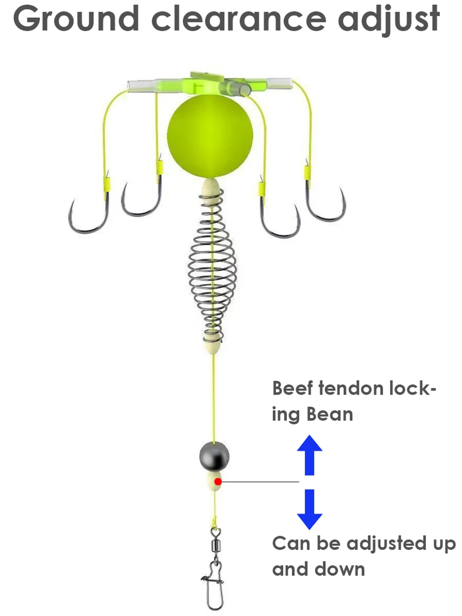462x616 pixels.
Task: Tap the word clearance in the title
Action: click(238, 19)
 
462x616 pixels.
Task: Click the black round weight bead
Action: click(214, 456)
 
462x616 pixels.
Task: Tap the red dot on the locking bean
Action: click(218, 482)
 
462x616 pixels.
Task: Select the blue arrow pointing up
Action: click(310, 455)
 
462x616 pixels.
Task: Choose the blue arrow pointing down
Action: click(310, 509)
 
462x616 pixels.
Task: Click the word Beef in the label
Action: click(292, 388)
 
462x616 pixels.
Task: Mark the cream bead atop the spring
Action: click(211, 188)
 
